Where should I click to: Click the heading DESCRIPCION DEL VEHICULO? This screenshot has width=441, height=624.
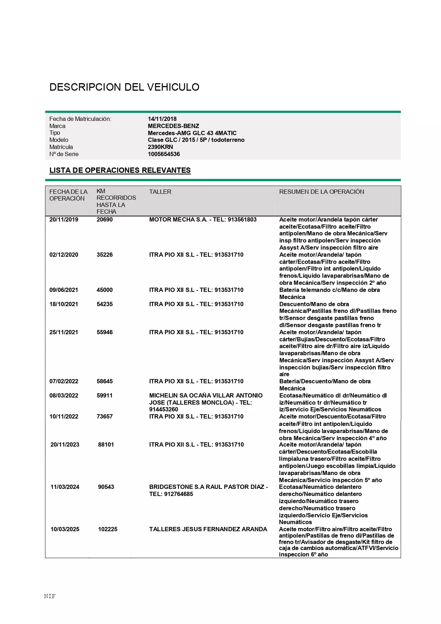pyautogui.click(x=124, y=87)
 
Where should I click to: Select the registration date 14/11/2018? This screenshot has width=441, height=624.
pyautogui.click(x=162, y=119)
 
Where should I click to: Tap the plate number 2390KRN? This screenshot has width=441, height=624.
pyautogui.click(x=160, y=147)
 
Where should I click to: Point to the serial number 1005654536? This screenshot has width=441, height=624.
pyautogui.click(x=164, y=154)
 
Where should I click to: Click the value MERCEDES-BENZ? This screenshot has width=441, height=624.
pyautogui.click(x=173, y=126)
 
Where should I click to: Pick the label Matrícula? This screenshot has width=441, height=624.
pyautogui.click(x=61, y=147)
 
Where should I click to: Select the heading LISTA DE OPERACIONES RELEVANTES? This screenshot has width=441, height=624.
pyautogui.click(x=120, y=170)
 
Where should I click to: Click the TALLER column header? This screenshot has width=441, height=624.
pyautogui.click(x=160, y=192)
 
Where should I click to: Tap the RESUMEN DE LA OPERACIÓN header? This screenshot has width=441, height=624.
pyautogui.click(x=322, y=192)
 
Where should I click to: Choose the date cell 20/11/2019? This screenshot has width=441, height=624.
pyautogui.click(x=64, y=219)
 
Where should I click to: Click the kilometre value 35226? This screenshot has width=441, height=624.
pyautogui.click(x=104, y=255)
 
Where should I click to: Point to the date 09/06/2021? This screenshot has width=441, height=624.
pyautogui.click(x=64, y=290)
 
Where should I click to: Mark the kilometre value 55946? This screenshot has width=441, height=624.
pyautogui.click(x=104, y=332)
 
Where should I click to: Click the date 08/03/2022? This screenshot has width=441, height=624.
pyautogui.click(x=64, y=395)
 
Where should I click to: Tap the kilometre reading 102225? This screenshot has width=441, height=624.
pyautogui.click(x=108, y=529)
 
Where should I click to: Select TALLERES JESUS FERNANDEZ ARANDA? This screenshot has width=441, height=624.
pyautogui.click(x=208, y=529)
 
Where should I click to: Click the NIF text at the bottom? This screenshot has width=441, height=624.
pyautogui.click(x=50, y=596)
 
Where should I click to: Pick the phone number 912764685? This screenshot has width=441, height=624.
pyautogui.click(x=178, y=494)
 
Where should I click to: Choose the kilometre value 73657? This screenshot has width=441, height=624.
pyautogui.click(x=104, y=416)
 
